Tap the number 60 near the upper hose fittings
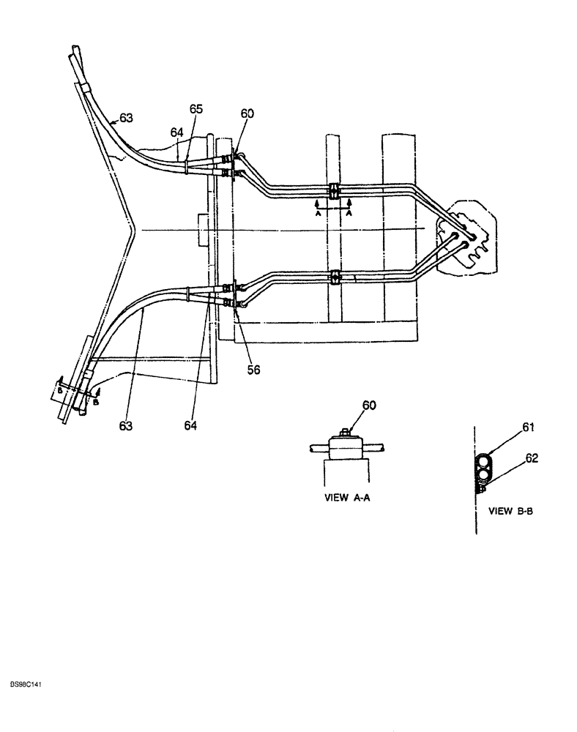pyautogui.click(x=248, y=115)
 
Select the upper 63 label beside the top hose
pyautogui.click(x=127, y=116)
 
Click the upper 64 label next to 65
pyautogui.click(x=177, y=133)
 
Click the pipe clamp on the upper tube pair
pyautogui.click(x=334, y=191)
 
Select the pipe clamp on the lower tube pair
pyautogui.click(x=335, y=277)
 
